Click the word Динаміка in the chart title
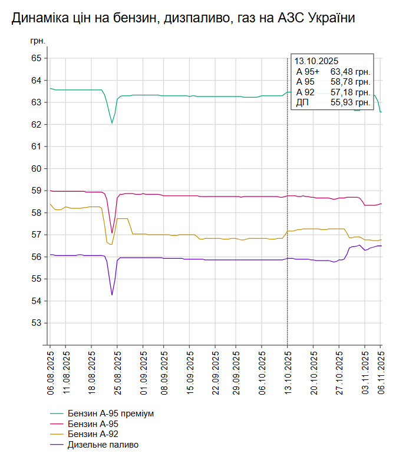tap(39, 19)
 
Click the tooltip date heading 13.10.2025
tap(316, 61)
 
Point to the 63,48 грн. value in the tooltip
tap(350, 72)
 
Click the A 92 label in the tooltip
tap(305, 92)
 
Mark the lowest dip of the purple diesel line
tap(112, 295)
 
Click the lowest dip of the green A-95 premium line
tap(112, 123)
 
